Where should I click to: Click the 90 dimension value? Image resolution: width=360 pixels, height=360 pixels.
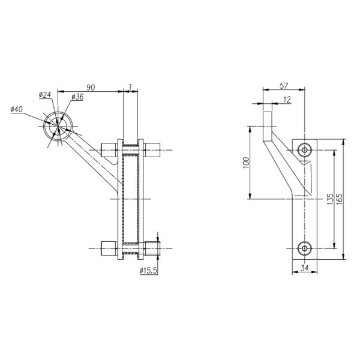(91, 88)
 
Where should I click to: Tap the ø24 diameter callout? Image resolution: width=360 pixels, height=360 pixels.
(45, 95)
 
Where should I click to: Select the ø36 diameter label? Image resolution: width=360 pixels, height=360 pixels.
(77, 97)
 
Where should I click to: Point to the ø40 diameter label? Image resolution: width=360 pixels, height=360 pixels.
(17, 109)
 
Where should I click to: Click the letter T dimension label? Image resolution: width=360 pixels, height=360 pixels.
(130, 88)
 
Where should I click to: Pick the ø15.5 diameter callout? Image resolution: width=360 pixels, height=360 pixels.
(148, 271)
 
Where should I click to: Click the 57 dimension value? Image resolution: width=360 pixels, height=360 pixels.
(284, 86)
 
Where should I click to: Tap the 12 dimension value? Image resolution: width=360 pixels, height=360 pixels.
(287, 100)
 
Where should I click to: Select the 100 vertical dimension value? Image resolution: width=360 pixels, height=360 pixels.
(246, 163)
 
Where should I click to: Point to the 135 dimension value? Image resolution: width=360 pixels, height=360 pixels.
(330, 199)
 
